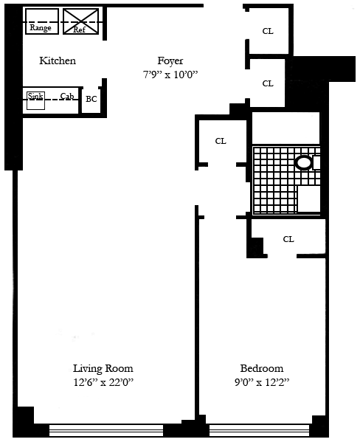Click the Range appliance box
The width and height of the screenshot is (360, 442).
[x=42, y=21]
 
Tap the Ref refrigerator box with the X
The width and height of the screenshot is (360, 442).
[x=80, y=21]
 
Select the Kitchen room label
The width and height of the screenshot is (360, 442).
[x=58, y=61]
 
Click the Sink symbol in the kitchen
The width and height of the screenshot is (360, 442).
[x=36, y=100]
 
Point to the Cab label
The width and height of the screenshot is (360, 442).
[x=67, y=96]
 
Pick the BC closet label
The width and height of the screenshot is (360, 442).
[x=91, y=99]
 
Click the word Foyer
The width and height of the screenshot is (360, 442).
[x=170, y=61]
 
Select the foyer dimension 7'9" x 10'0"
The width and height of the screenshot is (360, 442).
[x=170, y=75]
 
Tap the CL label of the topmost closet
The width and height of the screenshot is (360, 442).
[x=268, y=31]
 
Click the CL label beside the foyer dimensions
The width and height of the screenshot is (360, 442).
[x=268, y=83]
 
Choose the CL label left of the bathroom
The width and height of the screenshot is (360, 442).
[x=221, y=141]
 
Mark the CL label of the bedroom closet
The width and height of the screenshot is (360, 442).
[x=288, y=239]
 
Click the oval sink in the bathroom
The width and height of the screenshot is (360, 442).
[x=304, y=162]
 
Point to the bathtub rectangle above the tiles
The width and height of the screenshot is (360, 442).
[x=285, y=128]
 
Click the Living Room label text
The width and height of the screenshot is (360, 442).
[x=103, y=368]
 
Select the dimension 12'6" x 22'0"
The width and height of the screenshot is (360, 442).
[x=103, y=382]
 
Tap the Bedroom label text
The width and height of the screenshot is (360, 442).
[x=262, y=368]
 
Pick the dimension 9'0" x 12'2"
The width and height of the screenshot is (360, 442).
[x=262, y=382]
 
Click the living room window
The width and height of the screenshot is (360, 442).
[x=106, y=430]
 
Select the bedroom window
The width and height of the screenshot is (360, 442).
[x=259, y=430]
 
